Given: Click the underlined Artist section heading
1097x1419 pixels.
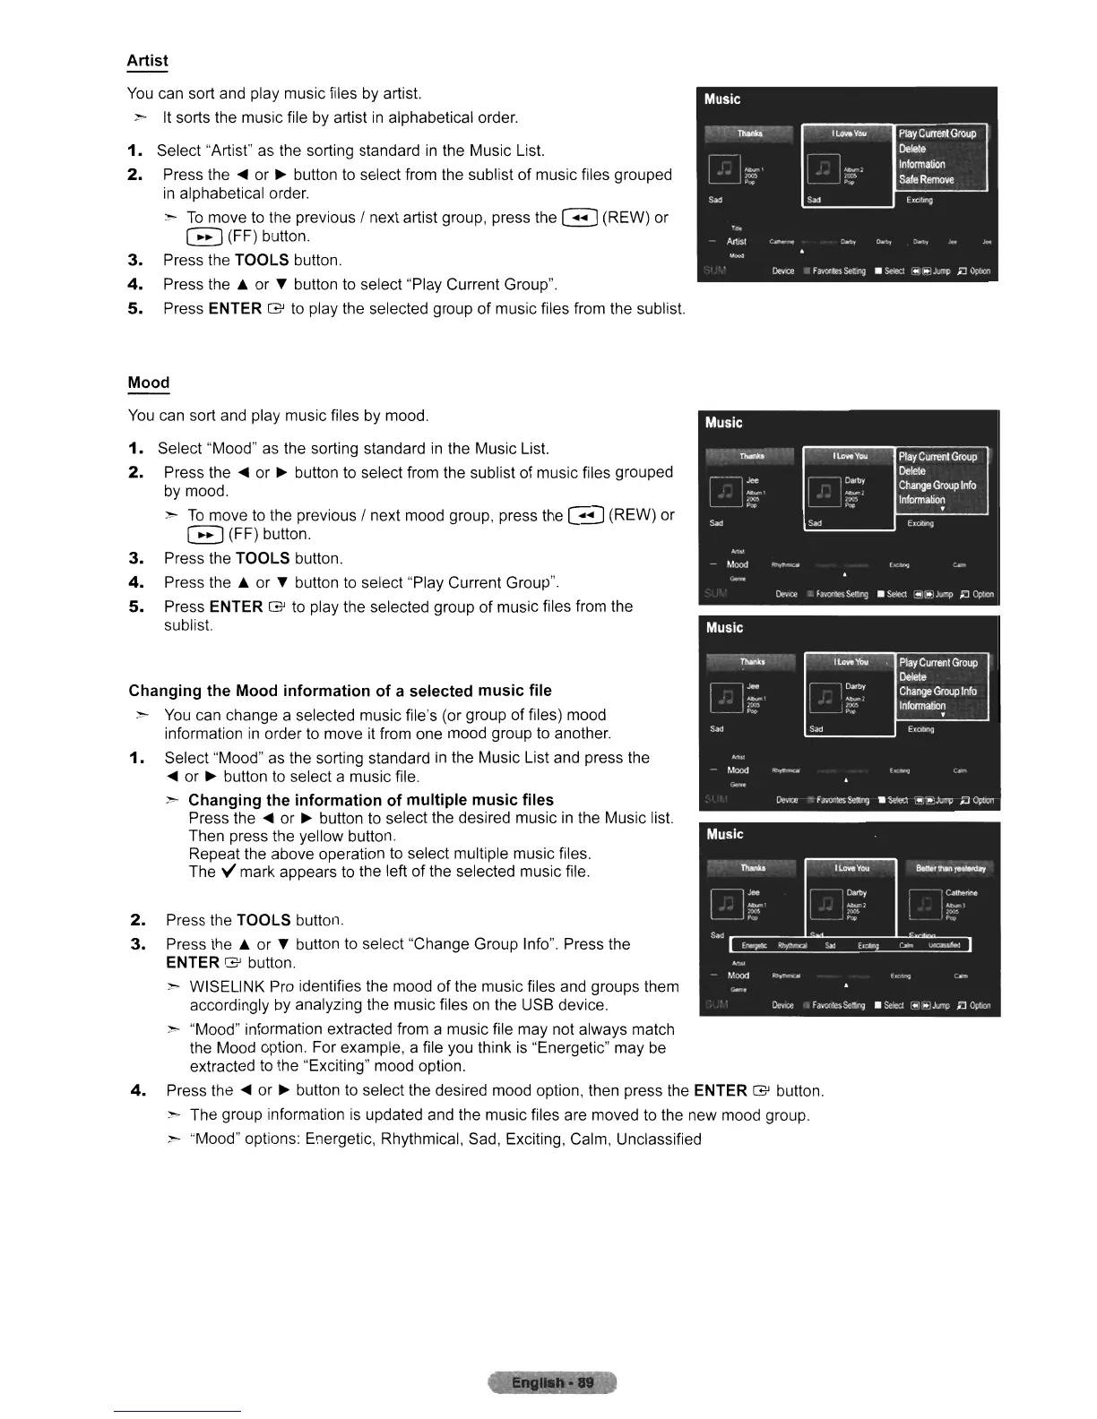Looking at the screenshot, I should [147, 61].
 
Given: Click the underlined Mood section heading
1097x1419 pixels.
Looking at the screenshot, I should [148, 383].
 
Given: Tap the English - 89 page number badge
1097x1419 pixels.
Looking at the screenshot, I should [552, 1382].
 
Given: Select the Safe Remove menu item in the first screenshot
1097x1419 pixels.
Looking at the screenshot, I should [926, 180].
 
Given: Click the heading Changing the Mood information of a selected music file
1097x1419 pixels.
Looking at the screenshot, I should [340, 691].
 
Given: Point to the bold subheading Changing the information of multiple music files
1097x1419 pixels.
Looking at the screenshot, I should [370, 800].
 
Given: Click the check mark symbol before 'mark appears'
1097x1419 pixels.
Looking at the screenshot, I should [228, 872].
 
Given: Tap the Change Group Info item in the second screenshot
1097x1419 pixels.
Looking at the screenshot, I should [937, 486].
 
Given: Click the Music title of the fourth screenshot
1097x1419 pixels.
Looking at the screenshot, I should [724, 834].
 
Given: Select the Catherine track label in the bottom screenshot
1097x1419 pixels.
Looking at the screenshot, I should [961, 893].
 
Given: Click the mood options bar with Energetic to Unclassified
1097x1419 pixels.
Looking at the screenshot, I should [850, 945].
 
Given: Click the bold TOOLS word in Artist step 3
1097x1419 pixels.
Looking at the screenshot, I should [262, 261].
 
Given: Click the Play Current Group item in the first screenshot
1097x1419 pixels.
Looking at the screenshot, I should [937, 133].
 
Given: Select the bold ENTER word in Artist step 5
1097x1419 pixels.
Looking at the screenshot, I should [235, 309].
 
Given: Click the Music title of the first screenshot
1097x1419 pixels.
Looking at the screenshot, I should [722, 99].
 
